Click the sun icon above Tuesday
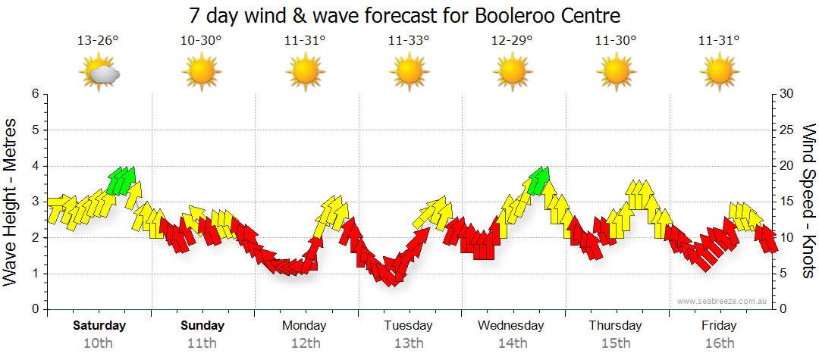click(409, 73)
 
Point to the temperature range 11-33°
click(409, 40)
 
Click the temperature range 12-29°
click(512, 40)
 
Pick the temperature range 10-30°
click(202, 40)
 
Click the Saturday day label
click(99, 326)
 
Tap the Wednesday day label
click(511, 326)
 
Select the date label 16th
click(719, 343)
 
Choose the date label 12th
click(305, 343)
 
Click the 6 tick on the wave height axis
click(34, 94)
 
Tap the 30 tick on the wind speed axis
click(788, 94)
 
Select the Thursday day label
click(615, 326)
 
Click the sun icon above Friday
click(719, 73)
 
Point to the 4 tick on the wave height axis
click(34, 166)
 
